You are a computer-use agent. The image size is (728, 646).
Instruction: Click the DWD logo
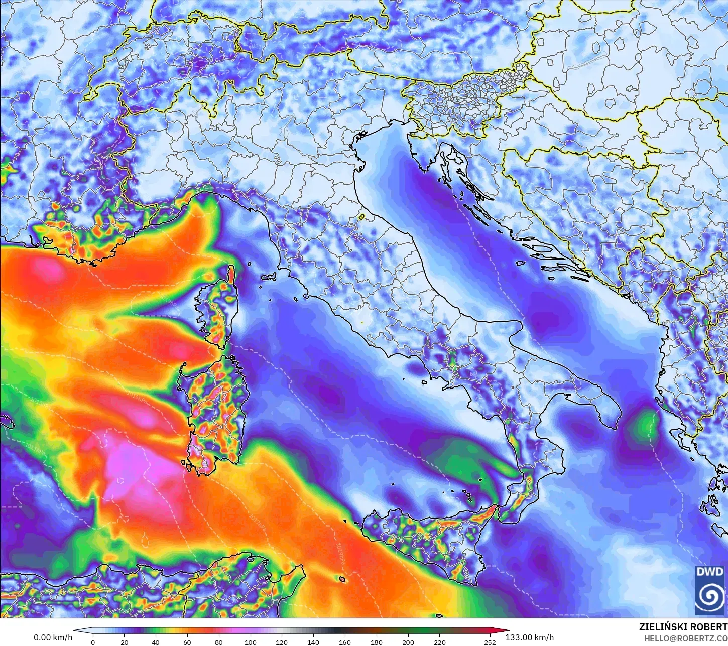710,590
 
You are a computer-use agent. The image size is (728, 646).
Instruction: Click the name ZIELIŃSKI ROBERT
683,627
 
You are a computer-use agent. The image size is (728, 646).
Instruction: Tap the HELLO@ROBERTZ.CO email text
686,638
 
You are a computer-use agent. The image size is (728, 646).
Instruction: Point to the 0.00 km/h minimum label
53,638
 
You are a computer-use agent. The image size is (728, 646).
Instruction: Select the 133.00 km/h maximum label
530,638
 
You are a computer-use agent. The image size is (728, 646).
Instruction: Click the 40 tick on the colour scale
156,642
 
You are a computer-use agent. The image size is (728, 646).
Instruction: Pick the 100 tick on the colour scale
250,642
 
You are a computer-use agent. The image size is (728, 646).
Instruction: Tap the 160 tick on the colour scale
345,642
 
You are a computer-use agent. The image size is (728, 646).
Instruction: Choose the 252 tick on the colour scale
490,642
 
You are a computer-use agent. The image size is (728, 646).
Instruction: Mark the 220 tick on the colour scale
439,642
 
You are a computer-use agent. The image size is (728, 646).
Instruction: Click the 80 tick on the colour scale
219,642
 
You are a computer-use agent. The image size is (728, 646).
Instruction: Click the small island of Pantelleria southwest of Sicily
342,580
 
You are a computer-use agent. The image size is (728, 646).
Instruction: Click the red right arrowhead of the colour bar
504,632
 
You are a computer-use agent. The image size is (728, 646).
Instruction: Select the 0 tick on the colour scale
93,642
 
